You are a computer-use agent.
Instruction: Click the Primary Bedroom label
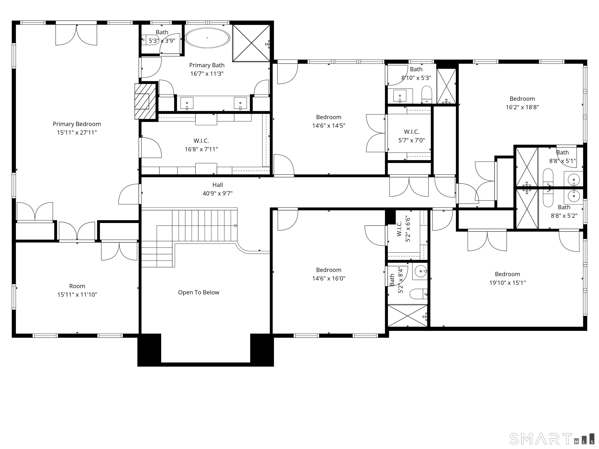[77, 124]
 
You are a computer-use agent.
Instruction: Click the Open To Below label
[198, 292]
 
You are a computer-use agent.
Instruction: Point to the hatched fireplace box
[146, 101]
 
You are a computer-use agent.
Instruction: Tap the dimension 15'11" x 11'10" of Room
[77, 294]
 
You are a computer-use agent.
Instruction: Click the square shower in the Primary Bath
[251, 43]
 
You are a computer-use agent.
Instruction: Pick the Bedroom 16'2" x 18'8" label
[522, 103]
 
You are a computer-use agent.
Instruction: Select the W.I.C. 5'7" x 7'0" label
[411, 136]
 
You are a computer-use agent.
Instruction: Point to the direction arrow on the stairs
[236, 225]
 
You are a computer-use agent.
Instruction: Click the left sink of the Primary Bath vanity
[187, 103]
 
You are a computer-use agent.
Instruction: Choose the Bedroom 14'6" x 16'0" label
[329, 274]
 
